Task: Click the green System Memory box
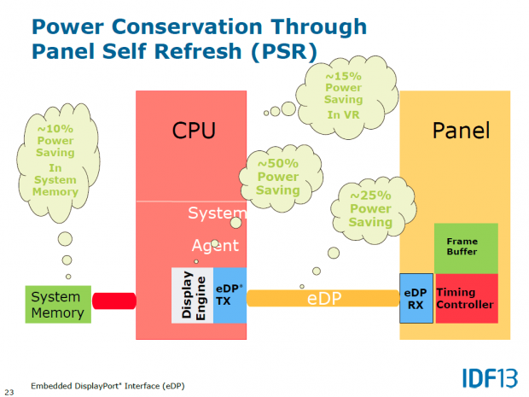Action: click(x=58, y=305)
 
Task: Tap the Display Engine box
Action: click(x=192, y=295)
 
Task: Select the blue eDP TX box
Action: click(x=229, y=295)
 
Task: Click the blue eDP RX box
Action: click(x=416, y=298)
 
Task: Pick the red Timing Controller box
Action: click(x=466, y=298)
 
